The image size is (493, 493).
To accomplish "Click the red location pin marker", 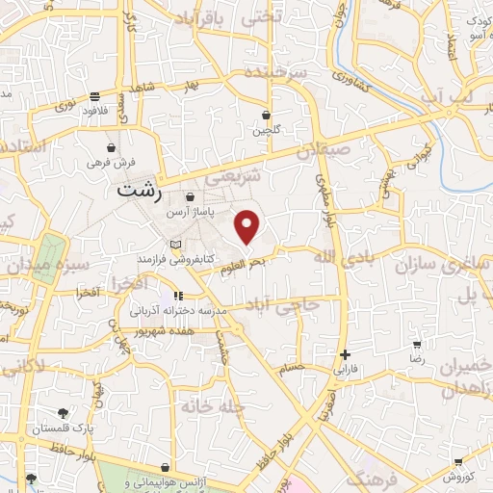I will click(x=248, y=227).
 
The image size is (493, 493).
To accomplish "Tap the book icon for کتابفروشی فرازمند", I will click(x=174, y=245).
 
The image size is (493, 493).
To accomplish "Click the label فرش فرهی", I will click(x=113, y=163).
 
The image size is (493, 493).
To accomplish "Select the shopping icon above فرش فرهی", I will click(x=113, y=148).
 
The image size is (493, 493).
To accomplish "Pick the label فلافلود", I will click(x=94, y=110).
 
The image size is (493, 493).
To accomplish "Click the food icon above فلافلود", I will click(x=94, y=96).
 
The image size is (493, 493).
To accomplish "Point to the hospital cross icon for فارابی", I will click(x=345, y=355).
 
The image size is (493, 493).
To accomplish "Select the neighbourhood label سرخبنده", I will click(x=301, y=73).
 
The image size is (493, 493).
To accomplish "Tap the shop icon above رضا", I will click(x=417, y=344).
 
